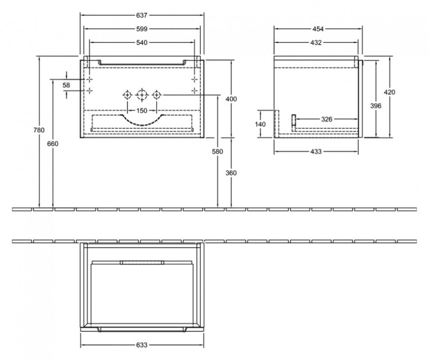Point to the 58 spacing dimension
click(66, 85)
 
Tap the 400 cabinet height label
click(231, 99)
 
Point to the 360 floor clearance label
click(231, 173)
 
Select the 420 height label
click(390, 92)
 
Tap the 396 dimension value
click(376, 105)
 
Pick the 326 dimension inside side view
click(327, 119)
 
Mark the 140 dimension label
click(260, 124)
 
